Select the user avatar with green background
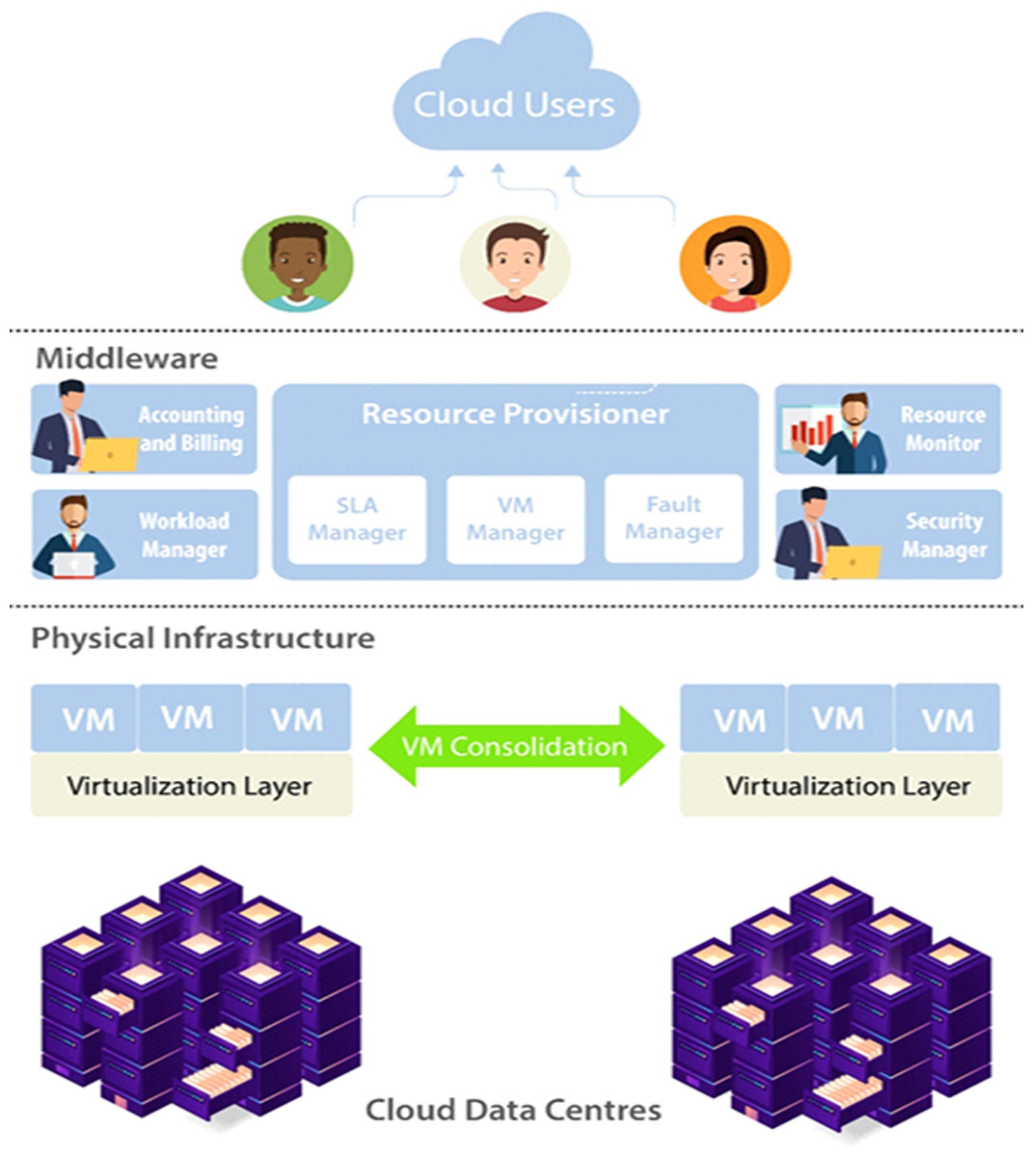(x=297, y=263)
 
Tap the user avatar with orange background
(x=735, y=263)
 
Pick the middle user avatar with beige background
(x=515, y=263)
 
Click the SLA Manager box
(x=357, y=520)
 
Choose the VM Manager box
(x=515, y=520)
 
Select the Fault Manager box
(x=673, y=519)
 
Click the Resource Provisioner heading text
(x=515, y=414)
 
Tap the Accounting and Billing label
(x=190, y=429)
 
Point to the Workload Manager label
(x=183, y=535)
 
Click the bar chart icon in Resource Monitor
(x=810, y=427)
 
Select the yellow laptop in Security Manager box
(x=853, y=561)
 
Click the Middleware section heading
(x=126, y=359)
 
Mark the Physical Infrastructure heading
(x=203, y=638)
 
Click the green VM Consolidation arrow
(x=515, y=746)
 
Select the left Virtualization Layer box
(x=191, y=786)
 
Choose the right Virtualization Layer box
(x=841, y=786)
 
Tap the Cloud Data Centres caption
(x=513, y=1110)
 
